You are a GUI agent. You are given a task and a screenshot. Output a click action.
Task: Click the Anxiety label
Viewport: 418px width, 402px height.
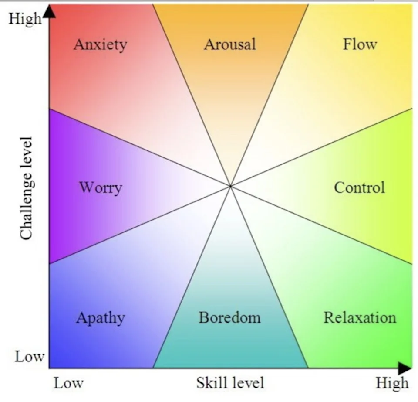tap(100, 44)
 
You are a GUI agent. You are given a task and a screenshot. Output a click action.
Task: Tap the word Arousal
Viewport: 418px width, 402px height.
tap(230, 44)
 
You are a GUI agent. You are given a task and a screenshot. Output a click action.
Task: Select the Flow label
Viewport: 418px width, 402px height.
tap(360, 44)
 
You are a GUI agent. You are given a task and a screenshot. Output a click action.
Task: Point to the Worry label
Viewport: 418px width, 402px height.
tap(101, 188)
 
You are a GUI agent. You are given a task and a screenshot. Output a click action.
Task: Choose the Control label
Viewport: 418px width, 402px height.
tap(360, 187)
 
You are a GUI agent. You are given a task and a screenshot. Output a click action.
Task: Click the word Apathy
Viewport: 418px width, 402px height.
tap(101, 318)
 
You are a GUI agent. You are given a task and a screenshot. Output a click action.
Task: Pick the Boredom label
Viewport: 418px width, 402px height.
tap(230, 317)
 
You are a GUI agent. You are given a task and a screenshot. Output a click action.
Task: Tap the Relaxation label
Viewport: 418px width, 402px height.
tap(360, 317)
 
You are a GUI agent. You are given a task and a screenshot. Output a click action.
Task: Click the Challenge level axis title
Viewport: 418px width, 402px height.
tap(27, 188)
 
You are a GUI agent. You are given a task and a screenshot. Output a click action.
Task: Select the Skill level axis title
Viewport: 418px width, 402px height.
tap(230, 383)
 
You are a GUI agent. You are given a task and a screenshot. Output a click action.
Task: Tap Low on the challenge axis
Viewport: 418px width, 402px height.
tap(30, 357)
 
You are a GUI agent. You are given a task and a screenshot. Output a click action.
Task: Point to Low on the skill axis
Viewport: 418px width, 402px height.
tap(68, 383)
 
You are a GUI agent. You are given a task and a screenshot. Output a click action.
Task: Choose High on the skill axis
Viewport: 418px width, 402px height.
tap(392, 383)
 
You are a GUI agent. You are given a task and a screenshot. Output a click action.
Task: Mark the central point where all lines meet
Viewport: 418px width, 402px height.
tap(230, 186)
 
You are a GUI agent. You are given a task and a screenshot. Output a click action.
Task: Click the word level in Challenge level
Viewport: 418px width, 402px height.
tap(27, 152)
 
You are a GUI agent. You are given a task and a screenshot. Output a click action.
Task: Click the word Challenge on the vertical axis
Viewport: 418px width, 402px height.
tap(27, 207)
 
